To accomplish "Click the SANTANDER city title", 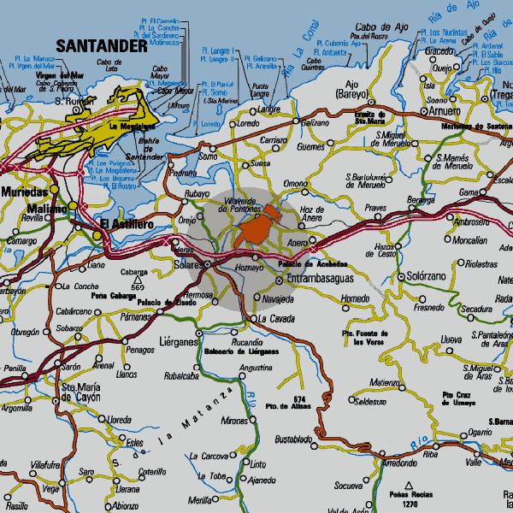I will [x=101, y=45].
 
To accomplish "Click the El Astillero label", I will [x=127, y=224].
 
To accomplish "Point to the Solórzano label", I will [x=427, y=278].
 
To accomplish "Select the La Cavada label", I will [x=277, y=319].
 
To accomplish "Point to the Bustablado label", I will [x=293, y=439].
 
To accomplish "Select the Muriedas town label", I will [x=24, y=192].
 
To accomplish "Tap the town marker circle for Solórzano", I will [x=399, y=278].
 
